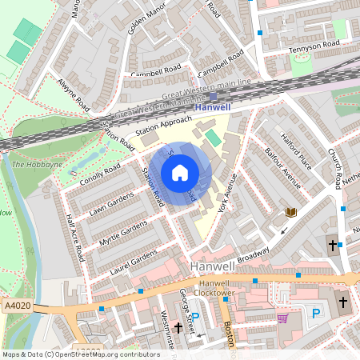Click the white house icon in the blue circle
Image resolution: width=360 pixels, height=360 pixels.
tap(180, 173)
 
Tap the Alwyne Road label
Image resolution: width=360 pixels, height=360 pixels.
tap(73, 92)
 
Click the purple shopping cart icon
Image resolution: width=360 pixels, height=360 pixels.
tap(282, 318)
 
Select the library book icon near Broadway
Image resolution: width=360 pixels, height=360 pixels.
tap(291, 213)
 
